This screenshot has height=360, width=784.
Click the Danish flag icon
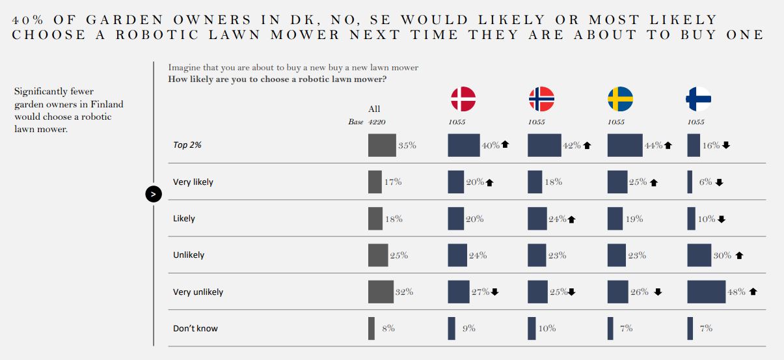click(463, 99)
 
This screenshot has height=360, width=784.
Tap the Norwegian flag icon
click(541, 99)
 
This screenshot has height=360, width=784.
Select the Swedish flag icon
click(621, 99)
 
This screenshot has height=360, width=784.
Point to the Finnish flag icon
click(699, 99)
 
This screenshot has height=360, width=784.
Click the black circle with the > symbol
click(154, 193)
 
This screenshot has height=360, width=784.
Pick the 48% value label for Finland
click(737, 292)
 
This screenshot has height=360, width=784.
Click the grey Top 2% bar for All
click(382, 145)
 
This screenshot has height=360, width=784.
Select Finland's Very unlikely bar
click(706, 292)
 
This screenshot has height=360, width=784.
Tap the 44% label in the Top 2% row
click(653, 146)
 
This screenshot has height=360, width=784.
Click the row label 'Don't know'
click(195, 328)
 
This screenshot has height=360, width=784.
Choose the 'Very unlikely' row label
click(198, 292)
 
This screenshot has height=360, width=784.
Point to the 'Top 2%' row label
click(187, 145)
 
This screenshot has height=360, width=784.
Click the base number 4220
click(377, 122)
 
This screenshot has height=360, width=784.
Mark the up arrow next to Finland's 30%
click(739, 256)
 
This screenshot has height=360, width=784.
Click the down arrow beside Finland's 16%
click(726, 146)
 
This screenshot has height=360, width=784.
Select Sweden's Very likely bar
click(617, 182)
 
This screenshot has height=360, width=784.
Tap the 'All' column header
click(374, 109)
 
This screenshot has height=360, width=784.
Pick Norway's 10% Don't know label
click(547, 329)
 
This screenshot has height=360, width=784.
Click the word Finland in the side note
click(108, 104)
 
